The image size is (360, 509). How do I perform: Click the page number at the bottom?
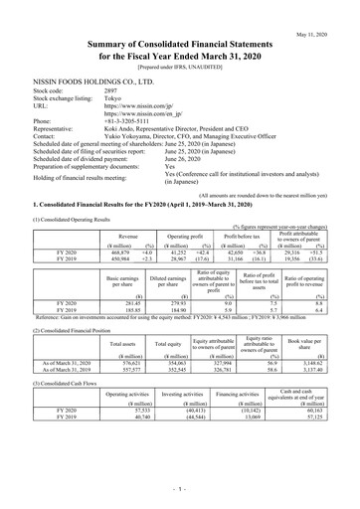coord(180,490)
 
